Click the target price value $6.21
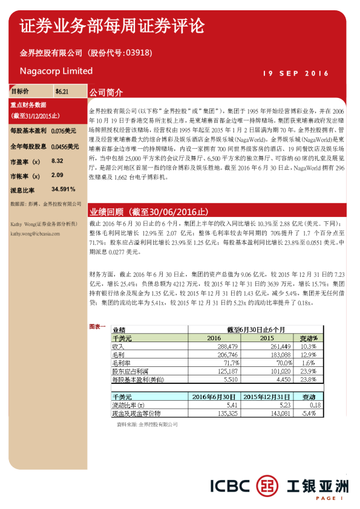tap(62, 92)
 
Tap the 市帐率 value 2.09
tap(57, 175)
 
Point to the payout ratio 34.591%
tap(64, 190)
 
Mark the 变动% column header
tap(308, 339)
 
